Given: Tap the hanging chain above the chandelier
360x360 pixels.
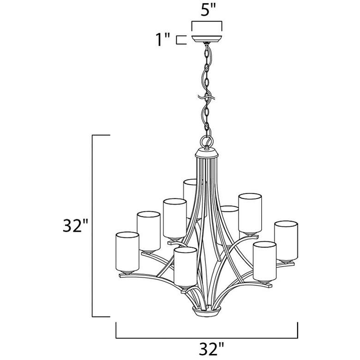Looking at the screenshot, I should tap(206, 88).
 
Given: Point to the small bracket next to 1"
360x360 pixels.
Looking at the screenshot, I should tap(181, 40).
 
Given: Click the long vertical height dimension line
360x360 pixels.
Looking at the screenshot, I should tap(94, 226).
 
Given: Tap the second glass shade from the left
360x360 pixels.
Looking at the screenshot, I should tap(148, 231).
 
